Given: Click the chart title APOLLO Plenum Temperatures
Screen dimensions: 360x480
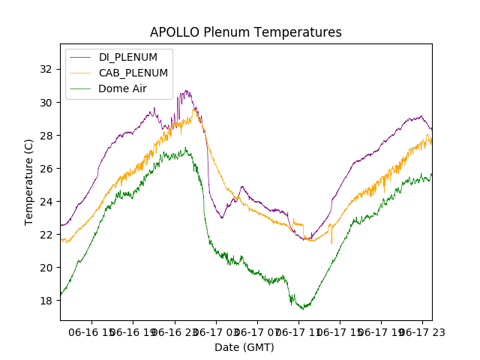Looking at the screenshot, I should (x=245, y=32).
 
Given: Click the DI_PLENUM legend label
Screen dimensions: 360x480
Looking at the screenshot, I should (x=128, y=57).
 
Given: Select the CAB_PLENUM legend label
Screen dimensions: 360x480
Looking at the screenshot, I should (x=133, y=73).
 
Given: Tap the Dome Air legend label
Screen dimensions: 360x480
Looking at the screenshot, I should (x=122, y=88).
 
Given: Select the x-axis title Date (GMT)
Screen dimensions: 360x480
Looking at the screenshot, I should (x=244, y=347).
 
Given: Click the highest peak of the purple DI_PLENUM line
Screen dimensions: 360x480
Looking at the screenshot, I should (x=185, y=91).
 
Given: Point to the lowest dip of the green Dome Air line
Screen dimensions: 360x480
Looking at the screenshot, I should (x=302, y=308).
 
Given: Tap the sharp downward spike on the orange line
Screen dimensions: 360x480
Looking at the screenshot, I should (x=331, y=242).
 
